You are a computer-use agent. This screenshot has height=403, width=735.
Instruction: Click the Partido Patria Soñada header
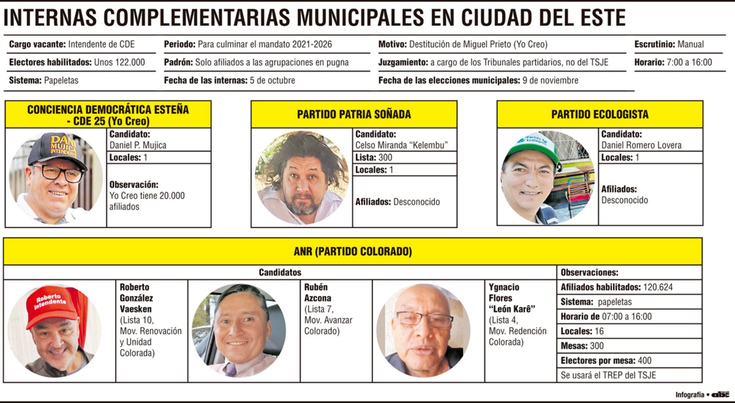[354, 114]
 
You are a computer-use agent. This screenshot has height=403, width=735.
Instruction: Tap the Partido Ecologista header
[599, 114]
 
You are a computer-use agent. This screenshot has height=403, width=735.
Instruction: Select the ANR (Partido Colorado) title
[353, 252]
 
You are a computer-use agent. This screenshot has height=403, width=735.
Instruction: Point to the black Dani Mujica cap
[57, 149]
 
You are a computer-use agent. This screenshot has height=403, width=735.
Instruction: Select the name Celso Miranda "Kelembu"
[401, 145]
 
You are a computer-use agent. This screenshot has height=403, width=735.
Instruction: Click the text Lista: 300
[374, 158]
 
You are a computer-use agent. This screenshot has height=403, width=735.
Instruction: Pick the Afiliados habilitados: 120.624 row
[616, 287]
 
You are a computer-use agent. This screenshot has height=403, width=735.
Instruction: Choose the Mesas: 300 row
[582, 346]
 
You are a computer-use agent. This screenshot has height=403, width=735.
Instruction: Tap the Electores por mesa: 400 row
[606, 361]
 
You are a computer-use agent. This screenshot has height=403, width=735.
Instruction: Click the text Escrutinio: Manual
[669, 44]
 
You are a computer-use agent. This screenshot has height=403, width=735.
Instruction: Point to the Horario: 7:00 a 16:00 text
[673, 62]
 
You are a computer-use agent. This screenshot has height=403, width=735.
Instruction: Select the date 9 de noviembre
[550, 80]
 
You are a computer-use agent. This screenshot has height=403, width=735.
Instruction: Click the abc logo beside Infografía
[720, 395]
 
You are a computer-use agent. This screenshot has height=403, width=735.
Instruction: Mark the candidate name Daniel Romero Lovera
[641, 145]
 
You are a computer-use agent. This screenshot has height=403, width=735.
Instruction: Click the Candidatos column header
[280, 272]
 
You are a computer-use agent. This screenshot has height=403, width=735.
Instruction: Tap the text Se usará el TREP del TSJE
[608, 375]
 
